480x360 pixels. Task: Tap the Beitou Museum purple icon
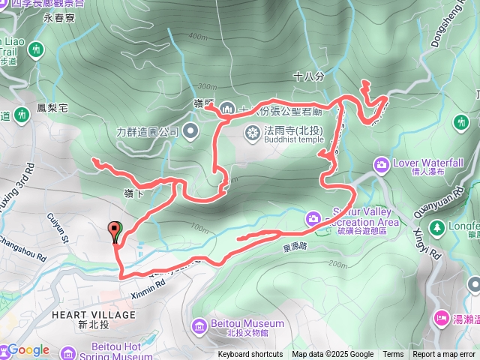coord(199,325)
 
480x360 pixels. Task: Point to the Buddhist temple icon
coord(252,132)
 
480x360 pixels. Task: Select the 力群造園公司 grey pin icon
coord(191,131)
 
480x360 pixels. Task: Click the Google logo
coord(28,349)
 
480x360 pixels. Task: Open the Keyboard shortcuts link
coord(250,355)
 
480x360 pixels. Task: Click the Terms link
coord(393,355)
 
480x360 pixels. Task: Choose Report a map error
coord(445,355)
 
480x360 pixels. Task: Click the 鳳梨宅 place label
coord(52,109)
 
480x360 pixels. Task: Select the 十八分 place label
coord(307,76)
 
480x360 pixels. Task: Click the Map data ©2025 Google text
coord(332,355)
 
